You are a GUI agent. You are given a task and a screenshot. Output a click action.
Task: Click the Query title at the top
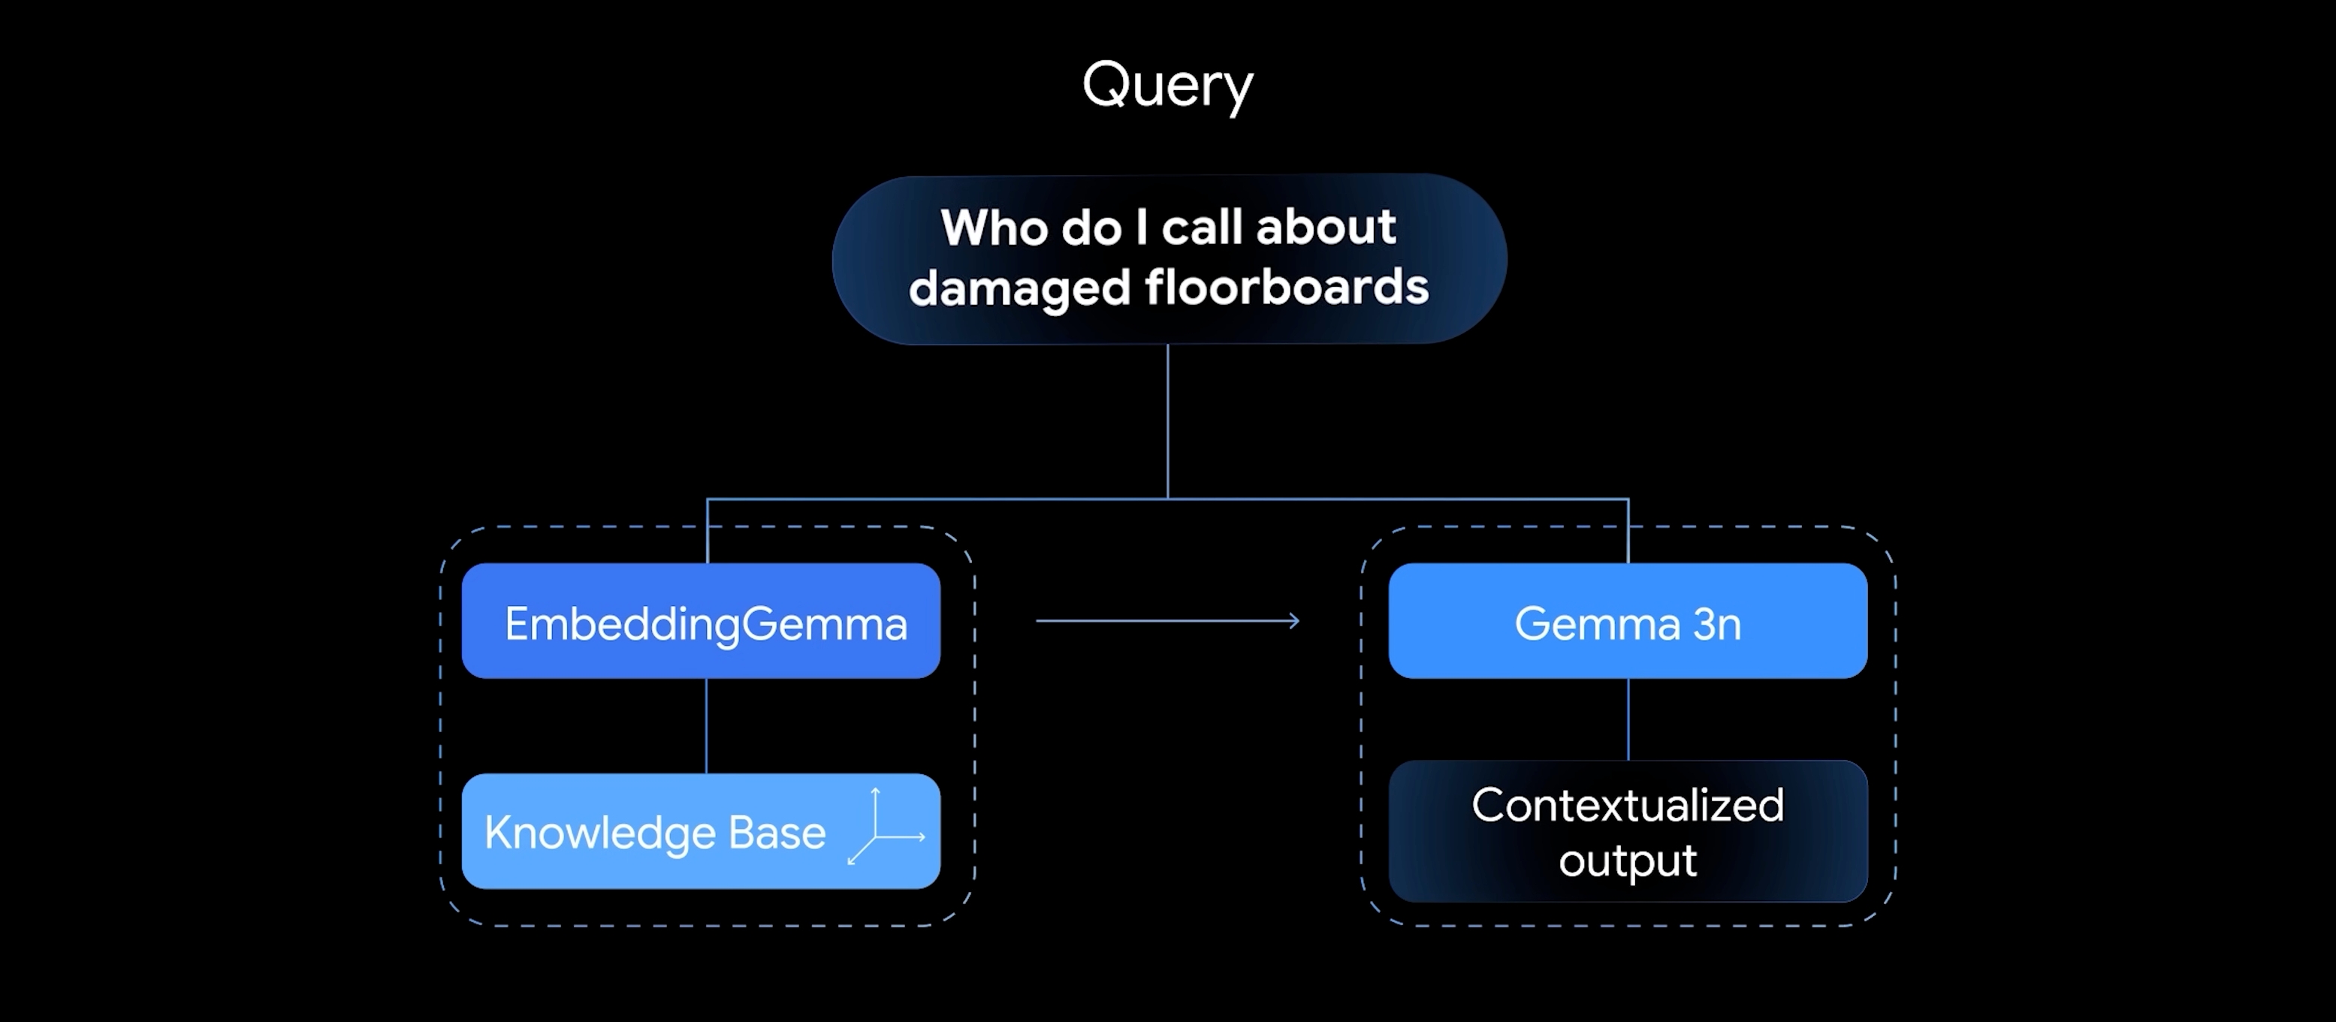pos(1167,86)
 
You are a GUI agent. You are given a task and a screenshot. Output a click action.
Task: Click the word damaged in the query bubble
pos(1019,288)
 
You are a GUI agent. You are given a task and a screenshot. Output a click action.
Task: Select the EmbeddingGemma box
pos(701,621)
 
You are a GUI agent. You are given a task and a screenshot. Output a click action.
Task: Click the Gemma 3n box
pos(1628,621)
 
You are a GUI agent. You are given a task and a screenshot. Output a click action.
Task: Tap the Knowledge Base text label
pos(655,833)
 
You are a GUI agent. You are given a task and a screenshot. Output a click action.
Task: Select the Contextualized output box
pos(1628,831)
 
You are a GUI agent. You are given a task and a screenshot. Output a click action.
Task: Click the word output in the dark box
pos(1628,860)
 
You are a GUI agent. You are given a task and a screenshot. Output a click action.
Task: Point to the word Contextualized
pos(1628,805)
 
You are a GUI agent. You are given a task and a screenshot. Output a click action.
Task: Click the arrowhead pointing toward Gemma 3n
pos(1295,621)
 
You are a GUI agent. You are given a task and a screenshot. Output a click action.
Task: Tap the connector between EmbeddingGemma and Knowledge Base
pos(706,725)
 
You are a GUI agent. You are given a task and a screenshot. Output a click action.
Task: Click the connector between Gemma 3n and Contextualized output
pos(1628,719)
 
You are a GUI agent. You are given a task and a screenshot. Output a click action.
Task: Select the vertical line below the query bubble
pos(1167,422)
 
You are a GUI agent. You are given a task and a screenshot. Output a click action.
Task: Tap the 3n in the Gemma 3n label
pos(1716,624)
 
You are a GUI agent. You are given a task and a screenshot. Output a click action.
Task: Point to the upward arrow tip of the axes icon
pos(875,791)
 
